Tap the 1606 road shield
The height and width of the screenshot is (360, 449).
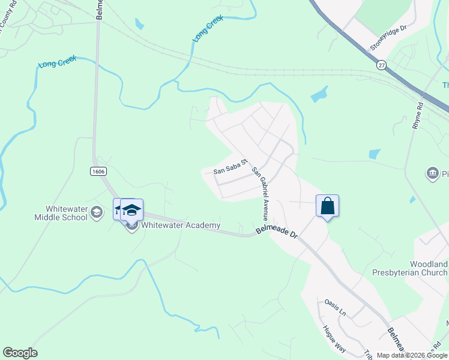point(98,172)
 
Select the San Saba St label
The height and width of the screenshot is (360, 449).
point(231,167)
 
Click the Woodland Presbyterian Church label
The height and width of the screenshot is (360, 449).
point(429,268)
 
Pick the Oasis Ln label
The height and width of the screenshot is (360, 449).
point(335,307)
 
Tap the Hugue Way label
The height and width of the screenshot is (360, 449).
point(334,337)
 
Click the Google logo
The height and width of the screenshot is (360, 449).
point(20,353)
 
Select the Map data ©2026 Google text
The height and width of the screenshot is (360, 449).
point(412,355)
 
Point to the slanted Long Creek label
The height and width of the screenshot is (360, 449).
point(207,28)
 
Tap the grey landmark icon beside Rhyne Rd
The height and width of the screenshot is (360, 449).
point(432,174)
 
